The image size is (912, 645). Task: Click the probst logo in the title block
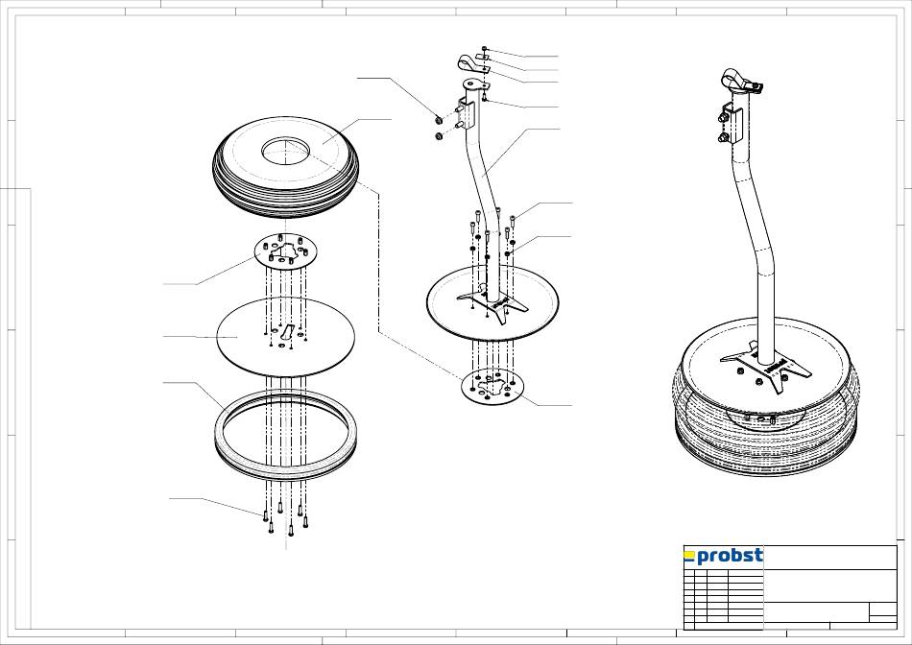click(723, 556)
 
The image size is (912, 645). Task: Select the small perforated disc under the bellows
click(285, 251)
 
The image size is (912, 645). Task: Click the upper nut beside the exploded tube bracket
click(439, 120)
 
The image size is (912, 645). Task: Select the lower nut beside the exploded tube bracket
click(439, 136)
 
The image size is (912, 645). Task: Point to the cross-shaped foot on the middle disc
click(492, 300)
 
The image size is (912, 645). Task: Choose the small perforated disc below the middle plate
click(492, 386)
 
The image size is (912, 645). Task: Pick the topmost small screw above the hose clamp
click(486, 49)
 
